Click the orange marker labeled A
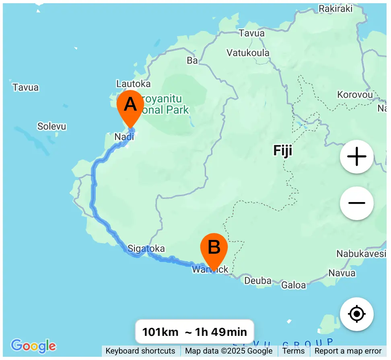[x=130, y=106]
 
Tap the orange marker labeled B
[x=214, y=248]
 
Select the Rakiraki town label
[x=335, y=8]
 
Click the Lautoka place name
[x=133, y=84]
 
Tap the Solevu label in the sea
[x=51, y=126]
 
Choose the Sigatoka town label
[x=146, y=248]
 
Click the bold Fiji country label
[x=282, y=151]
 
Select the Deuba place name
[x=257, y=280]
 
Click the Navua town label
[x=342, y=273]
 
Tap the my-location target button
[x=357, y=314]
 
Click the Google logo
[x=33, y=346]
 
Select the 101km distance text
[x=160, y=332]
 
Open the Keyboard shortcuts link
[x=140, y=351]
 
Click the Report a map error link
[x=348, y=351]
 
